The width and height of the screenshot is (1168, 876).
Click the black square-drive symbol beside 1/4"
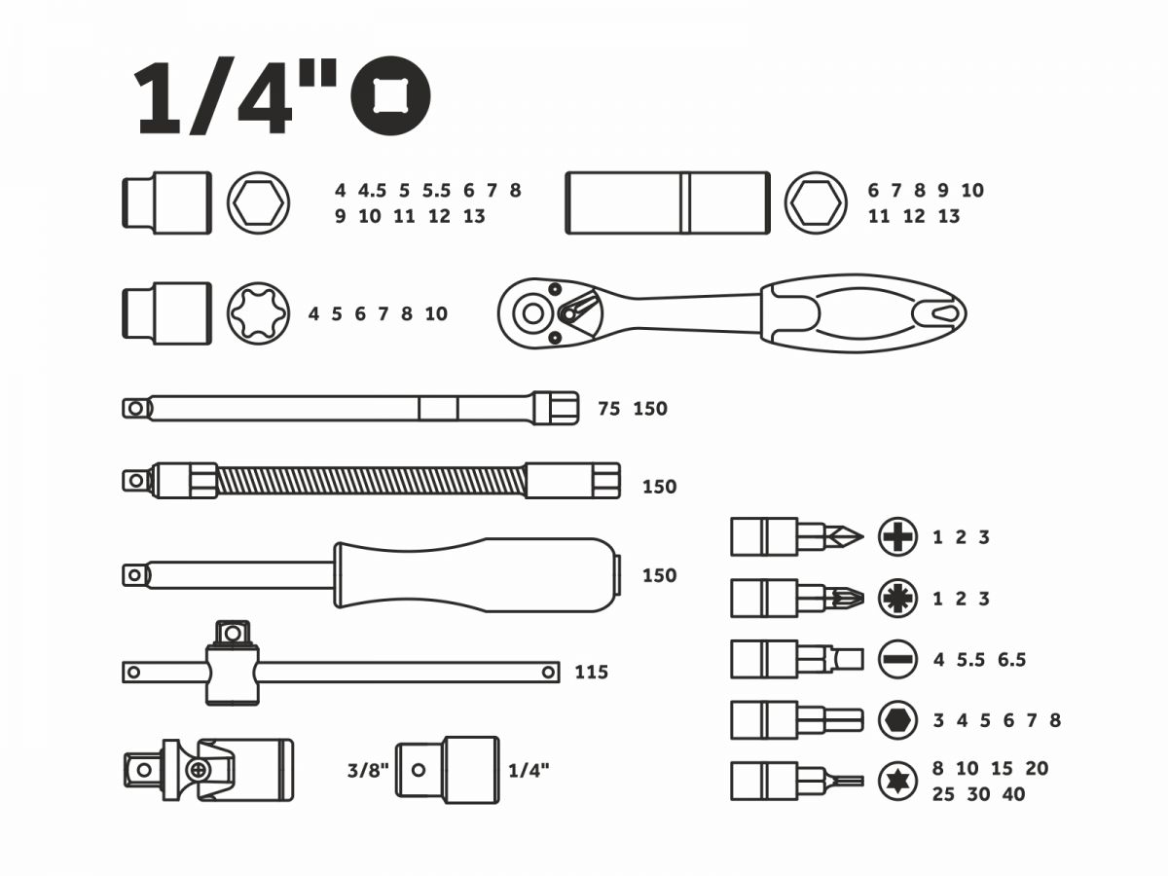click(x=390, y=95)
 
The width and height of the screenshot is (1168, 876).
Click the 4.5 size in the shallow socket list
click(x=372, y=191)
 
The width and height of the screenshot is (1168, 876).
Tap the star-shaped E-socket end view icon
click(x=259, y=313)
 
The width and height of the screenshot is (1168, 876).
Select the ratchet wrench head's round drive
click(x=532, y=313)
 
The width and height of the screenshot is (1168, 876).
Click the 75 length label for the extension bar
click(x=609, y=409)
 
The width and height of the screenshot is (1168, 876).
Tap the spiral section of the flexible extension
click(x=371, y=480)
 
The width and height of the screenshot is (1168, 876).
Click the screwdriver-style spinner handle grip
click(x=476, y=575)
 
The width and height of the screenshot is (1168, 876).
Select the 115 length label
click(x=591, y=673)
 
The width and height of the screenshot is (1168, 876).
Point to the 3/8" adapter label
click(x=368, y=770)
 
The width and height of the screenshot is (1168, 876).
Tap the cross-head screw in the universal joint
click(x=200, y=769)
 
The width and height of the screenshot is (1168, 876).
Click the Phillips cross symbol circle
click(x=897, y=537)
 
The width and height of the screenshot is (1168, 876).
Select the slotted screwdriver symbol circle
click(x=897, y=660)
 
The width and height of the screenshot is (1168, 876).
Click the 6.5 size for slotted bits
click(x=1011, y=660)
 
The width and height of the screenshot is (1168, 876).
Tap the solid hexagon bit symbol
click(x=897, y=720)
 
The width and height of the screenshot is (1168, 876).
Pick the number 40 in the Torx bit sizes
click(x=1013, y=794)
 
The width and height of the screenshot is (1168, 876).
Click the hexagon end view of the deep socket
click(x=816, y=203)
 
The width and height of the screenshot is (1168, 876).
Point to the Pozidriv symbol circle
click(x=897, y=599)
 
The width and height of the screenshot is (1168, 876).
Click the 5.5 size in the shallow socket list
click(x=436, y=191)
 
